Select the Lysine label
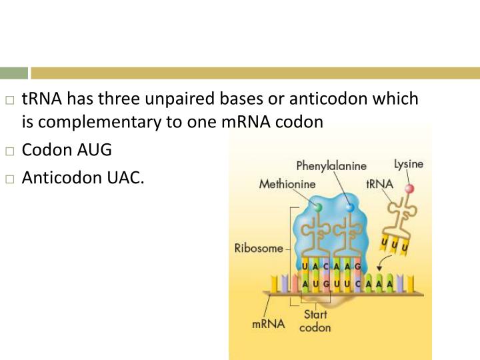408,163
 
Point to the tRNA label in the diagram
379,183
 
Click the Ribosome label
259,249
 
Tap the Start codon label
315,321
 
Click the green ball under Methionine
318,207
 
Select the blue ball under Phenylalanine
351,208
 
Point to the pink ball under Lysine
410,189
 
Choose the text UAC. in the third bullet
121,178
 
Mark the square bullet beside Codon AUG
9,151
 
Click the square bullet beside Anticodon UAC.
9,179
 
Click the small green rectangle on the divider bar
14,73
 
